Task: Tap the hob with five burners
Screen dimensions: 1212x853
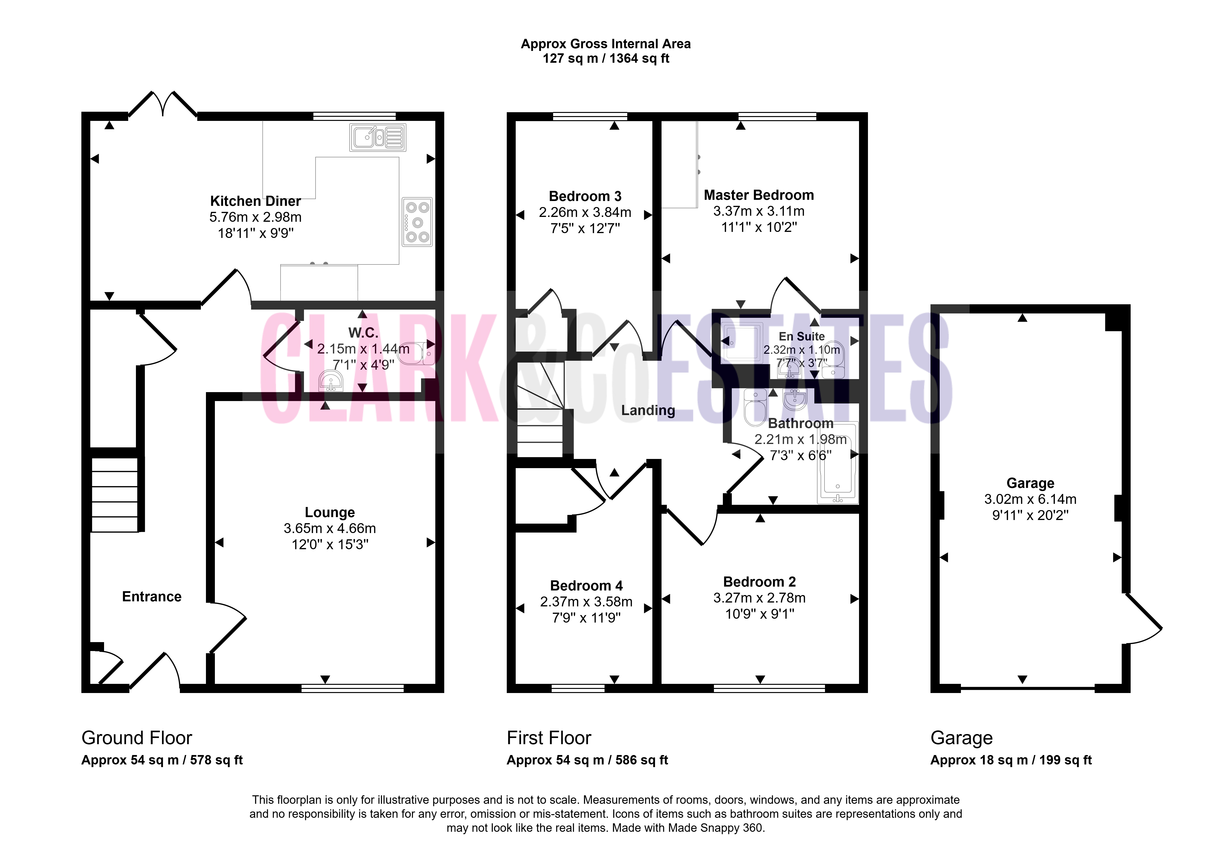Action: coord(417,222)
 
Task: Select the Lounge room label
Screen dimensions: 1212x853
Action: coord(330,512)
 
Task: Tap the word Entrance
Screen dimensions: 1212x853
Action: coord(152,597)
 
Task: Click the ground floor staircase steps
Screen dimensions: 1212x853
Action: coord(115,494)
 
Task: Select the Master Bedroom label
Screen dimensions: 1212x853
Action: coord(759,195)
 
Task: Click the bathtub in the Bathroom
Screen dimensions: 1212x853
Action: coord(838,463)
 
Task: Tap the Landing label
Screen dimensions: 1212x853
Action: coord(648,410)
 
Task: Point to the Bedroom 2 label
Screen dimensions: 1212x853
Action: coord(760,582)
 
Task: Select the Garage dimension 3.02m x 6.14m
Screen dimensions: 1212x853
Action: coord(1030,499)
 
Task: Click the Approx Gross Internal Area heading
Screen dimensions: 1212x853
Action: coord(606,44)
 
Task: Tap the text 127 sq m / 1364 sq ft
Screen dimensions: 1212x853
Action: coord(606,59)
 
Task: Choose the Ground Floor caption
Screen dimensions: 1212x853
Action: coord(137,737)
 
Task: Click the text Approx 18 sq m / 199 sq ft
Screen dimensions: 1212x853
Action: coord(1011,760)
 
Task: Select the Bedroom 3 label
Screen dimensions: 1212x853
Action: coord(585,196)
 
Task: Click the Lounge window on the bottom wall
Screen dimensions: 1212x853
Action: coord(353,688)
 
